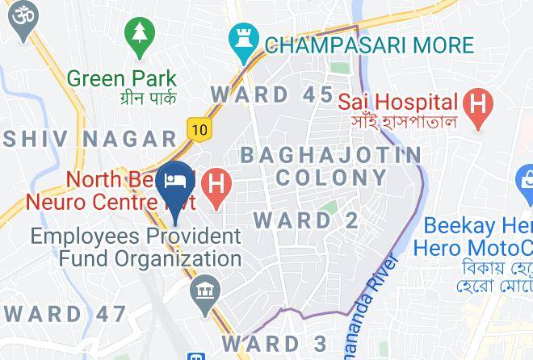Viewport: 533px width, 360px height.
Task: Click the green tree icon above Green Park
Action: click(x=140, y=36)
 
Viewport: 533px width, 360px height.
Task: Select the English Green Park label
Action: click(x=122, y=79)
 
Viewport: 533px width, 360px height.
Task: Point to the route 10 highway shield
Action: click(x=199, y=128)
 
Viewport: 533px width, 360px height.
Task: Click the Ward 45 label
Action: click(x=271, y=94)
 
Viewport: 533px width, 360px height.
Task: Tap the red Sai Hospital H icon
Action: click(x=478, y=104)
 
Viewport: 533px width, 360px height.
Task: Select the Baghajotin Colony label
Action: click(x=330, y=165)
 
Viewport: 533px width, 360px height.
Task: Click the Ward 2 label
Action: click(x=306, y=220)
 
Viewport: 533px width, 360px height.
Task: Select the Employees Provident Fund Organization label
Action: click(x=136, y=248)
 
